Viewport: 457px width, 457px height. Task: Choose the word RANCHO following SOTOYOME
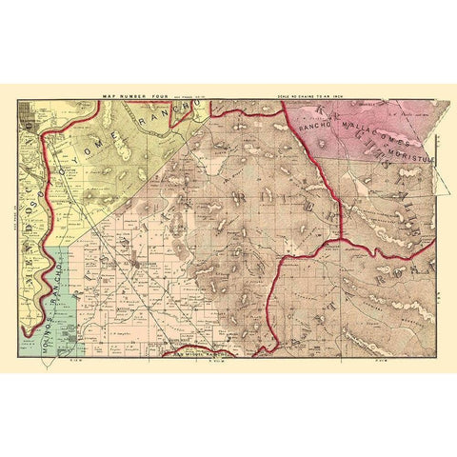[x=167, y=119]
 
